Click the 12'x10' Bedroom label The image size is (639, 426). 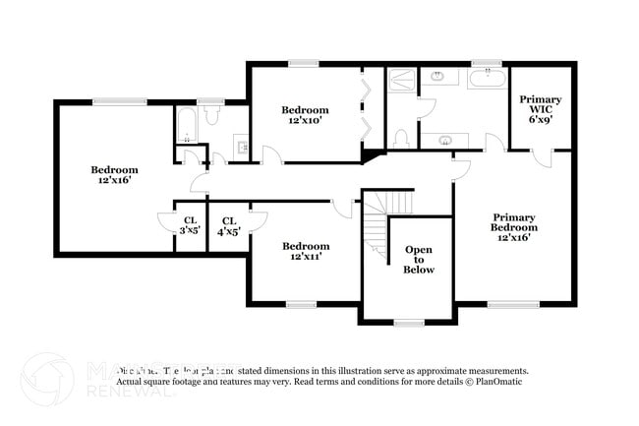click(305, 115)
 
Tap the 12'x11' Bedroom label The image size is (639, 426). click(305, 251)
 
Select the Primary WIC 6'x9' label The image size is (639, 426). click(541, 109)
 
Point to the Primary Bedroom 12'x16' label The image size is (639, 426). click(515, 227)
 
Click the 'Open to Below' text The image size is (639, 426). click(419, 260)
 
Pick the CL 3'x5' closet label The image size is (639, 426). click(190, 225)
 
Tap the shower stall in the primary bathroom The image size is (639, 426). click(402, 80)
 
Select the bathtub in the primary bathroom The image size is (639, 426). click(487, 78)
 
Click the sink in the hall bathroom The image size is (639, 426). click(241, 149)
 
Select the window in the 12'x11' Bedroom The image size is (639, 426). click(301, 304)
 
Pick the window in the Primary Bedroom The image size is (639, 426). click(512, 304)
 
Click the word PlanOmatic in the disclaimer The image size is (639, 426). click(496, 381)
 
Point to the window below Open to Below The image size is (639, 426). click(408, 322)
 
